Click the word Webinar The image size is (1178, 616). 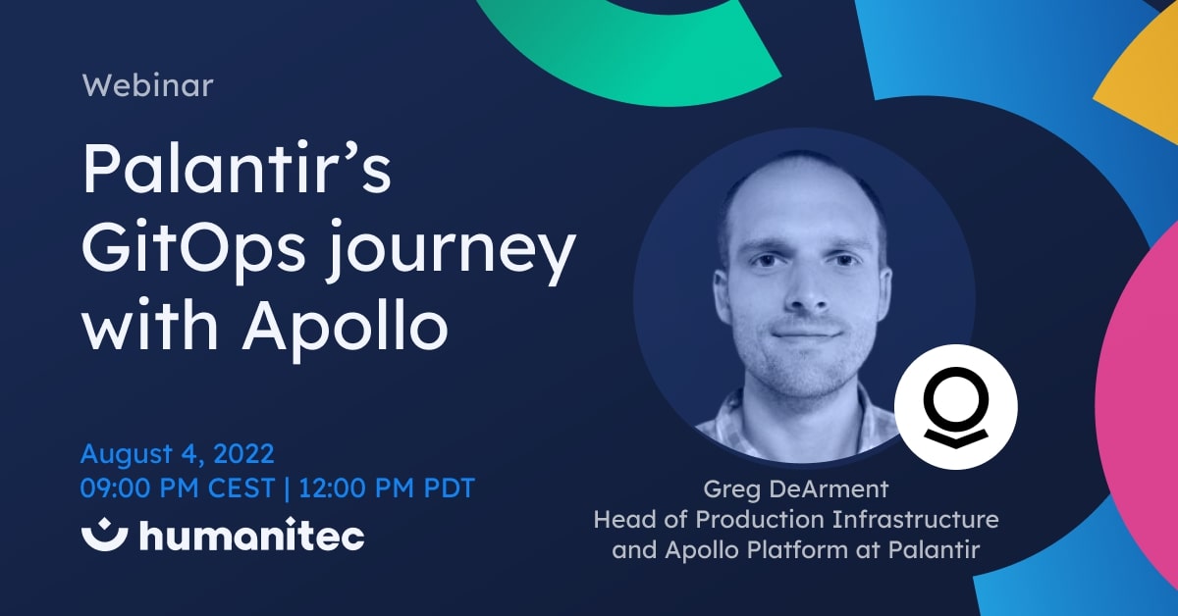click(148, 85)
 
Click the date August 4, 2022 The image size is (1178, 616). click(177, 454)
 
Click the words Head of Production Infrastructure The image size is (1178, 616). click(795, 519)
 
